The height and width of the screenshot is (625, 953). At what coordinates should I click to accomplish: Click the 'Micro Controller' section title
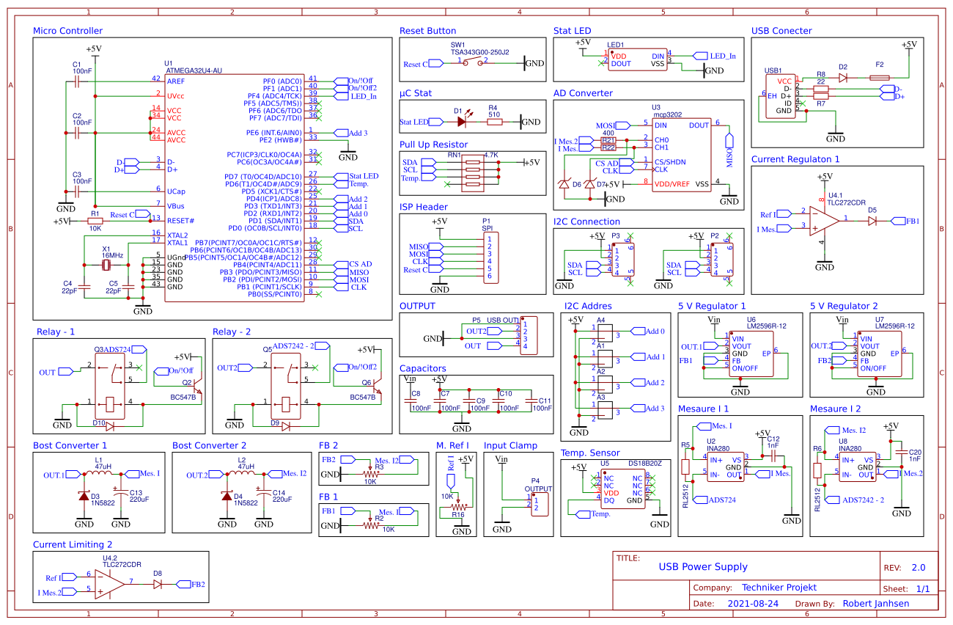(x=67, y=31)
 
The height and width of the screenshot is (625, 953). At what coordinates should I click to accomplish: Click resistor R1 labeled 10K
(x=95, y=220)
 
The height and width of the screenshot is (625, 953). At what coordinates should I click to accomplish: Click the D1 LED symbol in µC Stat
(x=459, y=122)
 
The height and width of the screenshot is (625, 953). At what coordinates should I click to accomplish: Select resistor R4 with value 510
(x=494, y=122)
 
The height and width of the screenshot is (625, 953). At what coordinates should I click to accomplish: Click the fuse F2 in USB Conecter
(x=880, y=76)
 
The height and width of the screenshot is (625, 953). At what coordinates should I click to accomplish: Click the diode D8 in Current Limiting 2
(x=158, y=585)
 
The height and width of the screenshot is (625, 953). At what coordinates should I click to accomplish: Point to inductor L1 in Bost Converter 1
(x=98, y=474)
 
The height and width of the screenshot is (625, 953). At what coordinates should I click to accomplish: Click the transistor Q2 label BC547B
(x=183, y=397)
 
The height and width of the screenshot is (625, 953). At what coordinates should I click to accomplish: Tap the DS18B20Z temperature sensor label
(x=644, y=464)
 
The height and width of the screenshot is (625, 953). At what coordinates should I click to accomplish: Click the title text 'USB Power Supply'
(x=702, y=566)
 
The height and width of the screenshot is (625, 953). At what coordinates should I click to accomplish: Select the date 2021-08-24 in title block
(x=753, y=604)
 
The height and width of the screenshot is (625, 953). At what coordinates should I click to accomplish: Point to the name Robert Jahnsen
(x=876, y=604)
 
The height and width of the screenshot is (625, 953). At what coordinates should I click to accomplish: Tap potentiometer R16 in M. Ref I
(x=458, y=506)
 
